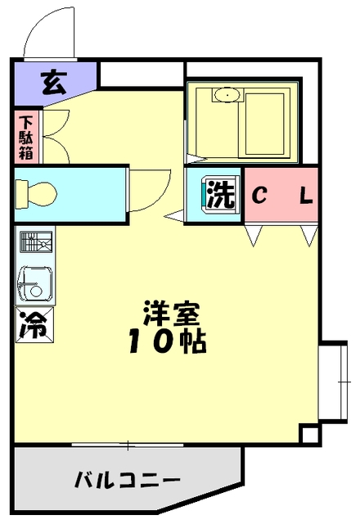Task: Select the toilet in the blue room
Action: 37,194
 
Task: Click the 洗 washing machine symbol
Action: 219,195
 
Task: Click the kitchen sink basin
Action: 34,283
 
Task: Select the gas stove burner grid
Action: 34,244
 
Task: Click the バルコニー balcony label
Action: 128,479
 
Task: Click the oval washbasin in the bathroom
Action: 227,97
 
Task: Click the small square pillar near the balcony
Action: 309,434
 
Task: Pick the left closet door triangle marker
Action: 253,235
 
